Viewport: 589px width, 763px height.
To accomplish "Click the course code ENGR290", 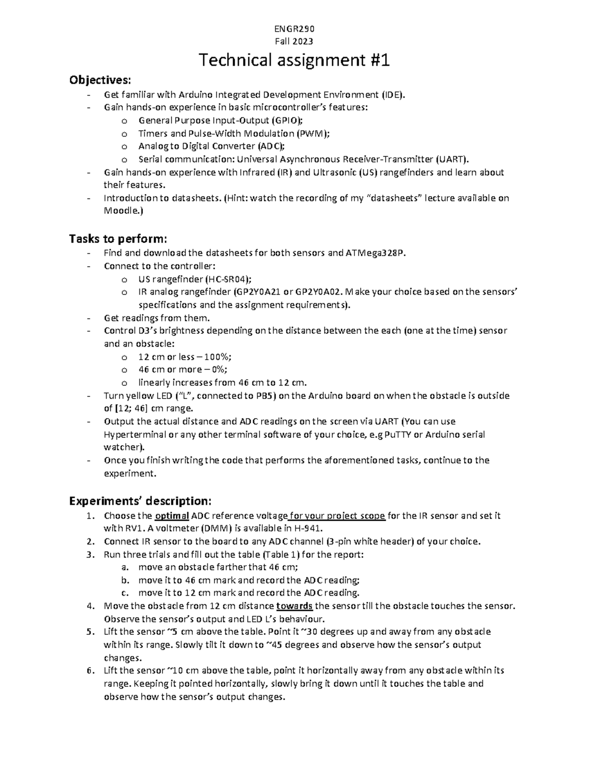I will tap(294, 29).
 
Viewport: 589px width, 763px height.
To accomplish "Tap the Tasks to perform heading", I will tap(118, 239).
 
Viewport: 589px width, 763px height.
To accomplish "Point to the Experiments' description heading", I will tap(140, 501).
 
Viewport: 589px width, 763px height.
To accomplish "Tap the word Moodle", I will tap(120, 211).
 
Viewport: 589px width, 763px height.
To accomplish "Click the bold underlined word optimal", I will tap(172, 516).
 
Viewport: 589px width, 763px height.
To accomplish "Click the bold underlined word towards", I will tap(294, 605).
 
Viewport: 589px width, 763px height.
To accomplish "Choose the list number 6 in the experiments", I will tap(90, 670).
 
